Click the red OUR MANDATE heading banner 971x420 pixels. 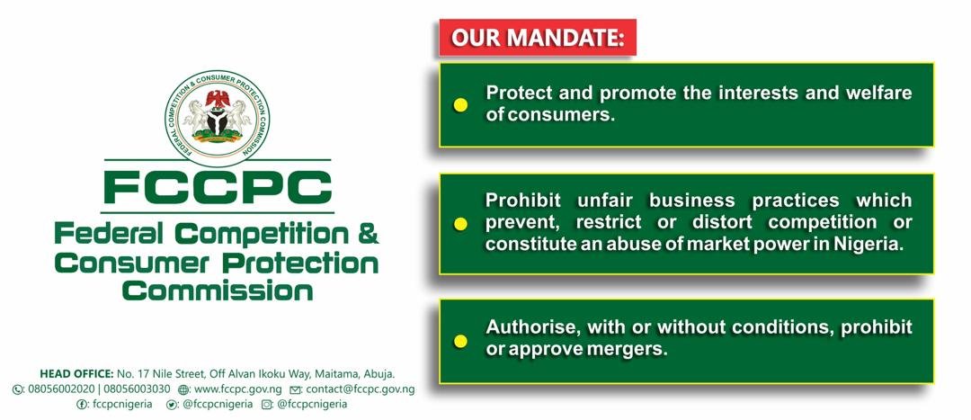click(538, 37)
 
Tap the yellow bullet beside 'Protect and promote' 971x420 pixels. click(460, 104)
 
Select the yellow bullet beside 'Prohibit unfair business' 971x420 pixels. click(460, 224)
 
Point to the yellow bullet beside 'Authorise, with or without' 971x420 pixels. click(460, 341)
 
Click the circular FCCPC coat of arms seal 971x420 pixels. click(218, 118)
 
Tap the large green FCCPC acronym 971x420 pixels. click(218, 186)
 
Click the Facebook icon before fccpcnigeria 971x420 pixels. click(81, 405)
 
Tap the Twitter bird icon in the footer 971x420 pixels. click(172, 405)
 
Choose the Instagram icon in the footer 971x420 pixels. click(267, 405)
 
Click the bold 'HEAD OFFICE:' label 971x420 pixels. click(76, 374)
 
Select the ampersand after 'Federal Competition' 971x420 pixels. click(368, 235)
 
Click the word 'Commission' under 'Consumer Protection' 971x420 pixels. click(218, 290)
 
